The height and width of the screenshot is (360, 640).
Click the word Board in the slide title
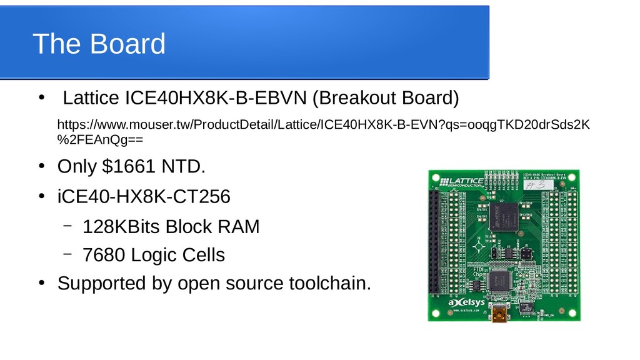point(127,44)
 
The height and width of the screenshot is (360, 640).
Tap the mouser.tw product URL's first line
point(322,124)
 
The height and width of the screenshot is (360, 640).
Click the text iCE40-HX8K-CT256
point(143,197)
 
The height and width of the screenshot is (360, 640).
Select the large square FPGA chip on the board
point(504,216)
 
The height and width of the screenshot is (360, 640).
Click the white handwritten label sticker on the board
point(536,185)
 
